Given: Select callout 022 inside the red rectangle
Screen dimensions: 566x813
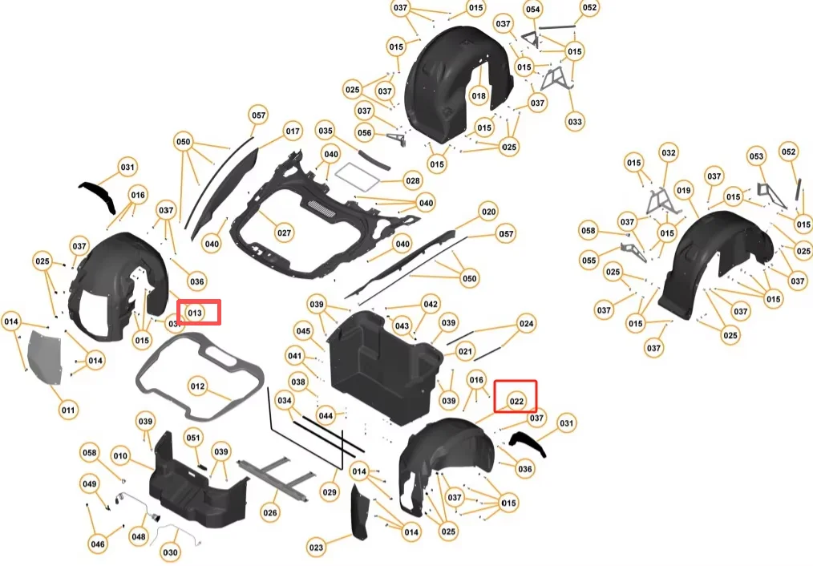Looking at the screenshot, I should tap(516, 401).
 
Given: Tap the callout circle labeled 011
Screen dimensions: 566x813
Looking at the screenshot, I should tap(69, 410).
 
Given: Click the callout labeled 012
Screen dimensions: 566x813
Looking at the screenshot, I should tap(198, 386).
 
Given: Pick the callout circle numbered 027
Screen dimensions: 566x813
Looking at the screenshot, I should tap(284, 233).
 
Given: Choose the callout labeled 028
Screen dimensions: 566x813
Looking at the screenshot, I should tap(412, 181).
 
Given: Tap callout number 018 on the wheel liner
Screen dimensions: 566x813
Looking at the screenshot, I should tap(479, 96).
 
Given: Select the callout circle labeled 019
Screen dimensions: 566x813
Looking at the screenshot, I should tap(683, 191).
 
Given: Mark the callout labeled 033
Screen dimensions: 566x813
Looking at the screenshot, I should tap(575, 122).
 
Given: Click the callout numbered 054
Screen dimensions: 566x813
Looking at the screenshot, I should tap(532, 9).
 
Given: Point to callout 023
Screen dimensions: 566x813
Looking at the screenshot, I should tap(317, 548).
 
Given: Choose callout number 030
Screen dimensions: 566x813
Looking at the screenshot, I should tap(170, 552).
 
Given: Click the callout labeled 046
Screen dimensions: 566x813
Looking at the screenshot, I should tap(98, 544).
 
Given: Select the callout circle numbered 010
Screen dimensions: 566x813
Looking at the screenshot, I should tap(120, 456).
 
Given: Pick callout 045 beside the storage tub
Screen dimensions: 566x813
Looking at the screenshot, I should tap(303, 331).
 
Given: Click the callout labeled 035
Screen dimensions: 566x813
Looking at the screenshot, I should tap(325, 130).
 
